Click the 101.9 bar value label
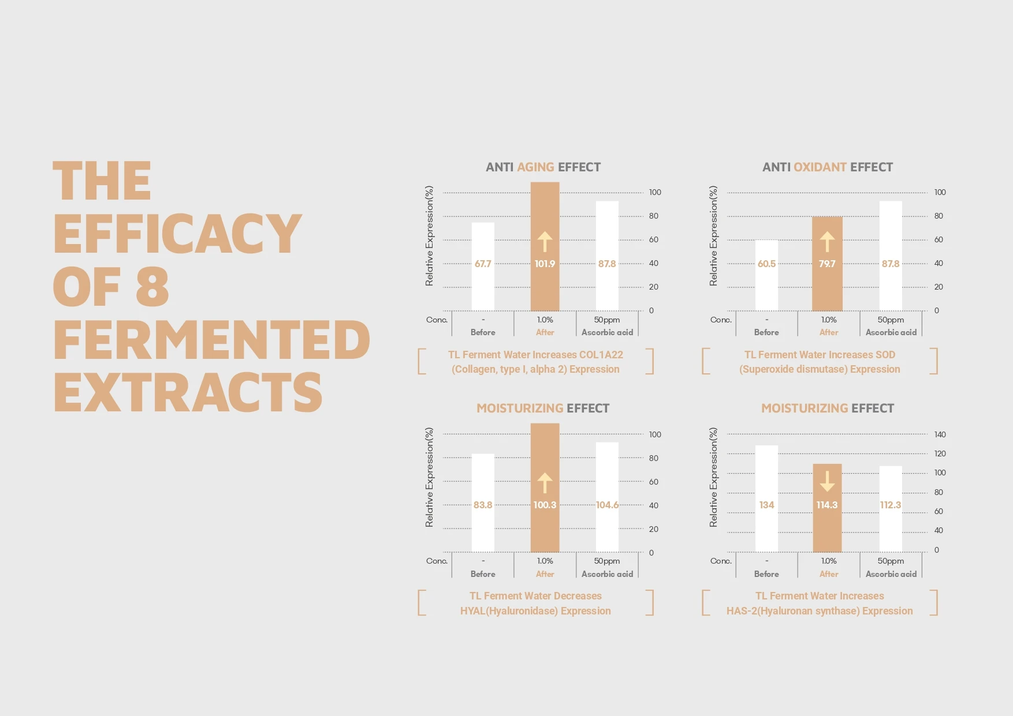(x=545, y=264)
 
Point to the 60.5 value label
(x=766, y=264)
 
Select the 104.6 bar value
(x=607, y=505)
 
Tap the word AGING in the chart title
(x=535, y=167)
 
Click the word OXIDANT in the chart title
(x=820, y=167)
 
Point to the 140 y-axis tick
(x=940, y=434)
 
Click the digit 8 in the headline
(x=152, y=287)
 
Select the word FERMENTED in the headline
(x=212, y=340)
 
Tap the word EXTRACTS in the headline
(x=188, y=392)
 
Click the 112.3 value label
(x=890, y=505)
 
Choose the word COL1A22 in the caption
(x=601, y=355)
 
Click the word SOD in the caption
(x=885, y=355)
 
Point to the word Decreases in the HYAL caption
(x=578, y=596)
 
